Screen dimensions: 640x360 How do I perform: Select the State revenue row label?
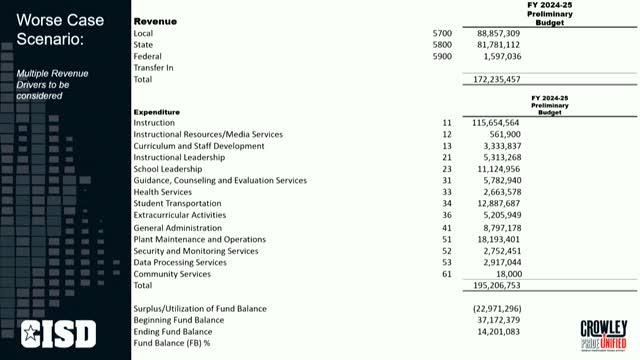[x=145, y=45]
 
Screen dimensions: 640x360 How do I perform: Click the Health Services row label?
[x=162, y=192]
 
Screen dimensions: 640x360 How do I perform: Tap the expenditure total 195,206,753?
[x=495, y=285]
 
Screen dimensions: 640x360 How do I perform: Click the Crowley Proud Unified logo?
[x=603, y=334]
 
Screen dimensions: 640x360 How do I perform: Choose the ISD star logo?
[x=61, y=332]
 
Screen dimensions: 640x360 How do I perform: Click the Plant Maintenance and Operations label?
[x=200, y=239]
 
